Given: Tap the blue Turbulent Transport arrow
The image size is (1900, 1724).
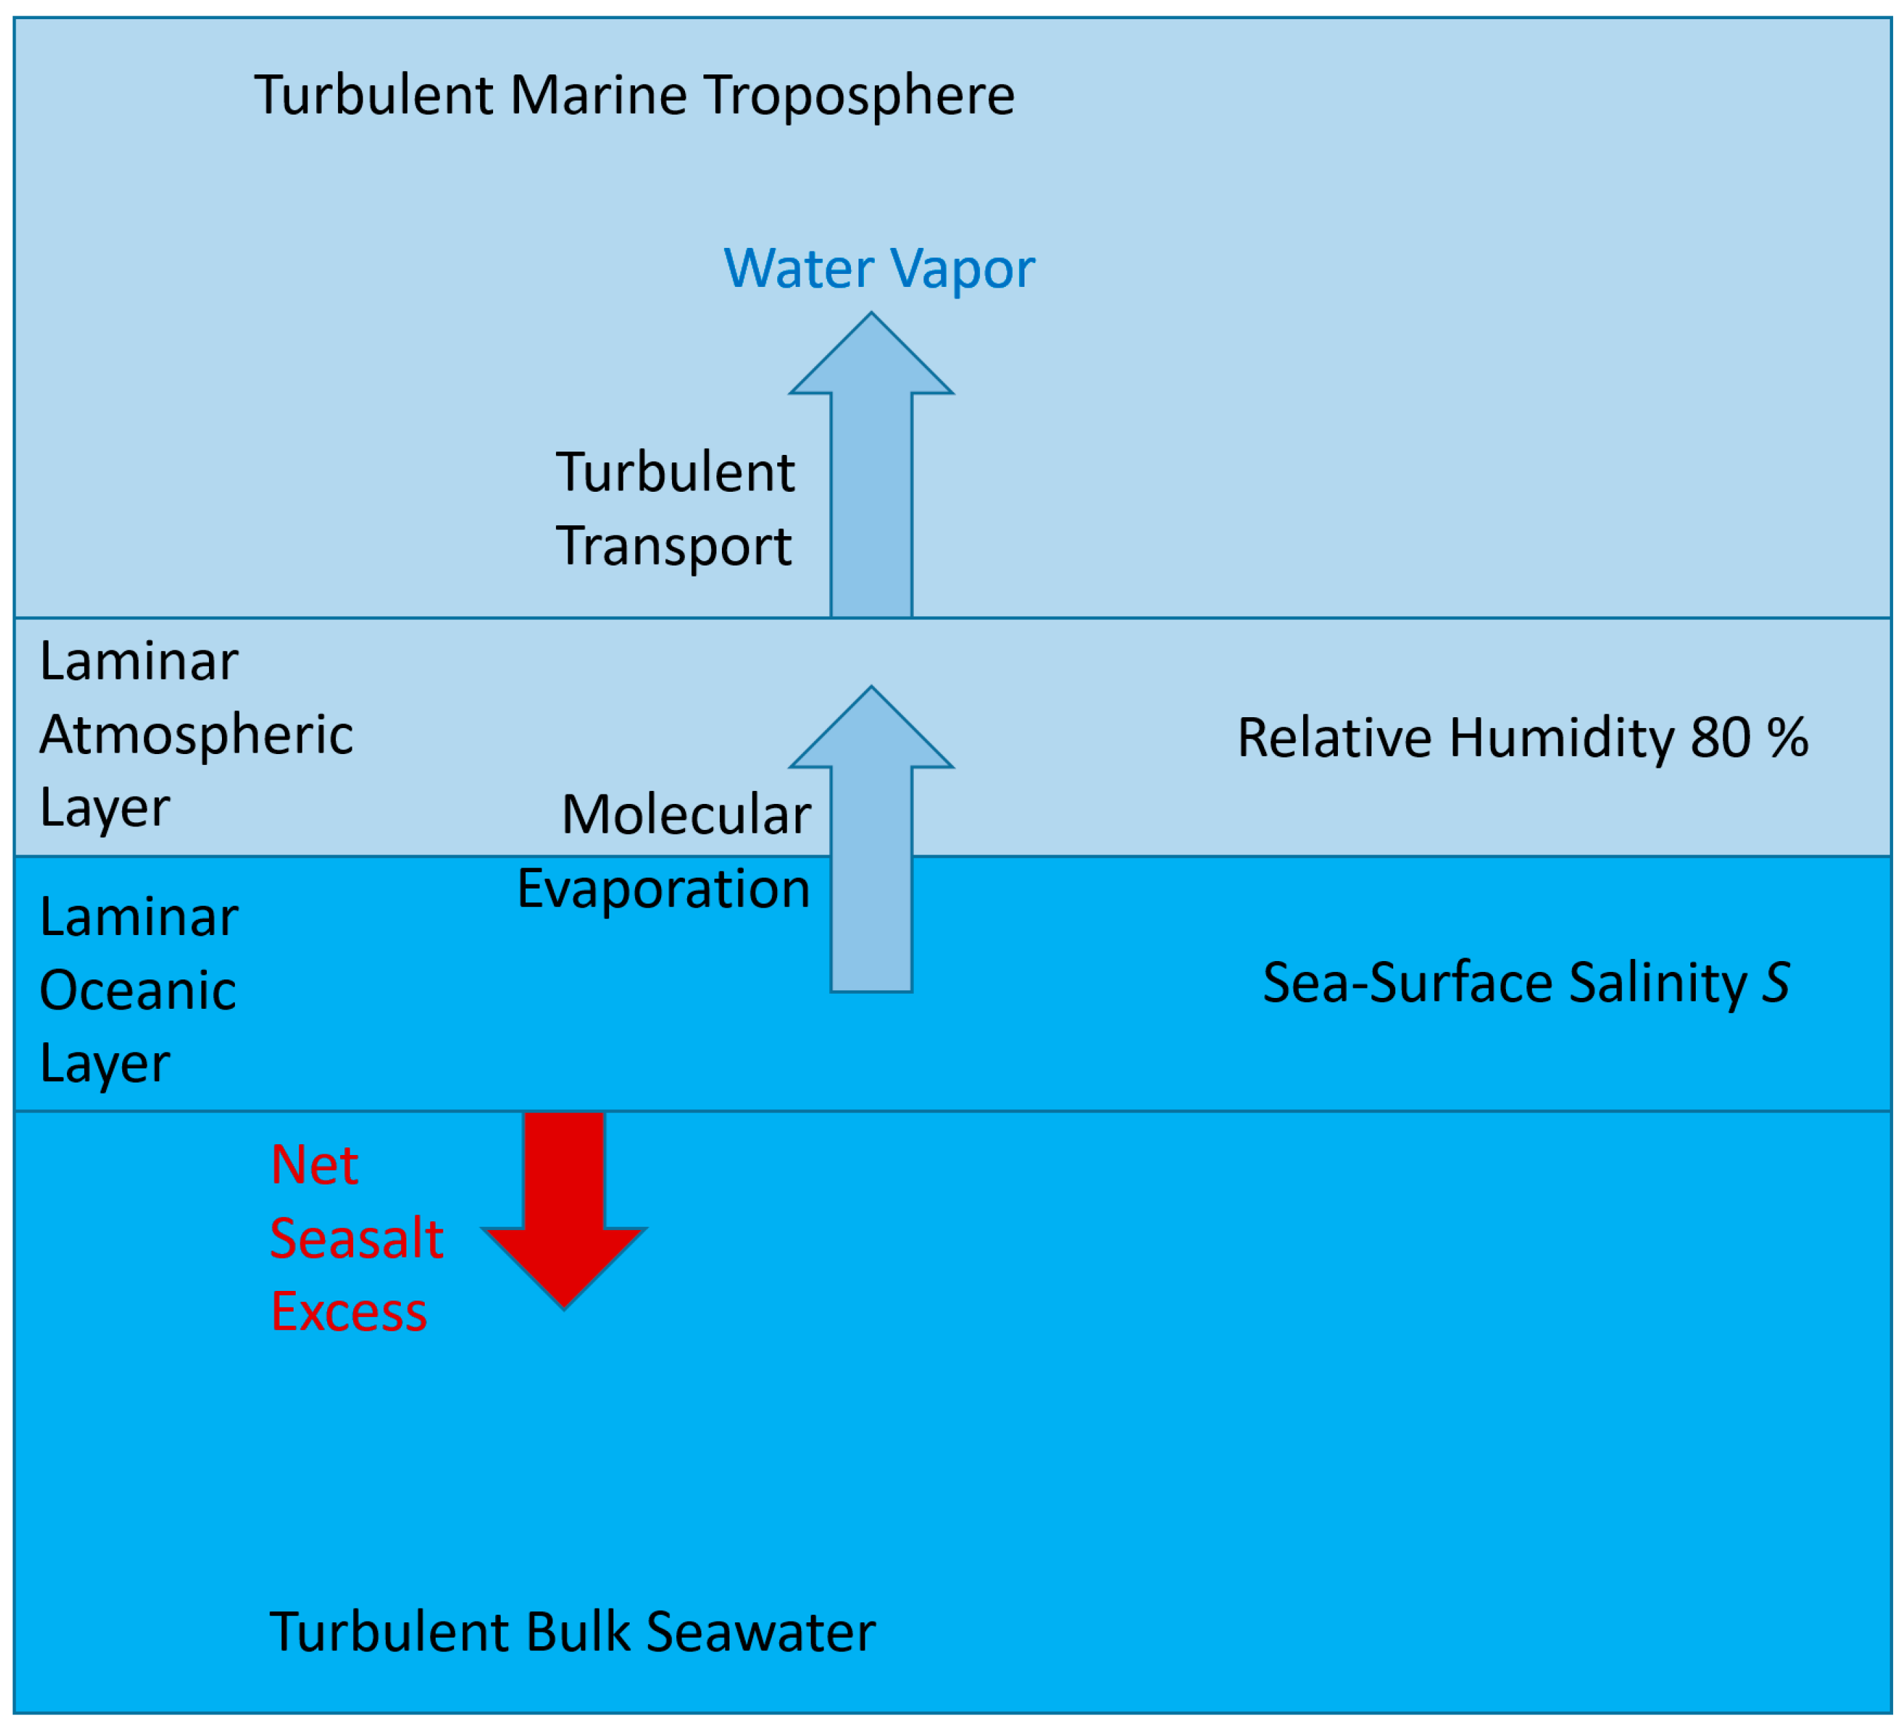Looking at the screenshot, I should pyautogui.click(x=871, y=471).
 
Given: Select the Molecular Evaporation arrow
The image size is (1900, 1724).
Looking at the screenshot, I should pyautogui.click(x=871, y=848).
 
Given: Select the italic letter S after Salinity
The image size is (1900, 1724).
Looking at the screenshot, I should pyautogui.click(x=1776, y=983).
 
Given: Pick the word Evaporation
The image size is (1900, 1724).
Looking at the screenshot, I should pyautogui.click(x=663, y=889).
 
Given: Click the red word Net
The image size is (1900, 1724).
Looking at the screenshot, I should pyautogui.click(x=314, y=1165).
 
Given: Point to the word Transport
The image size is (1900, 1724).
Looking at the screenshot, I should pyautogui.click(x=674, y=546).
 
